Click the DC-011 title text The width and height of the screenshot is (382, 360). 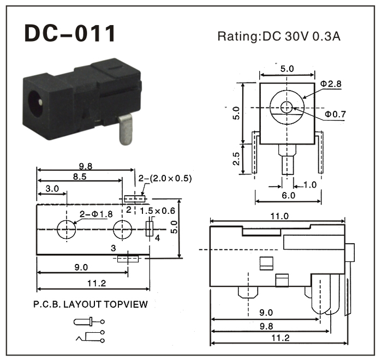coord(70,33)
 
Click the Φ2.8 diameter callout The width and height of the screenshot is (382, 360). coord(331,84)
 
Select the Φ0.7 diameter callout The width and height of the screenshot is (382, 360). coord(335,114)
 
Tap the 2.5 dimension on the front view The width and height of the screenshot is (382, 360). coord(236,159)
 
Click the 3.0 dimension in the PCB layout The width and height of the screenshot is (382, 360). coord(52,188)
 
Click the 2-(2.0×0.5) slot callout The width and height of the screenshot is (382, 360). coord(165,178)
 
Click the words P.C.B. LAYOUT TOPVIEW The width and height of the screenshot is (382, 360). coord(91,304)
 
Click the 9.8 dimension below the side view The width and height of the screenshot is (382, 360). coord(267,326)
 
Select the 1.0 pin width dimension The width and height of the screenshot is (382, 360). coord(309,184)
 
